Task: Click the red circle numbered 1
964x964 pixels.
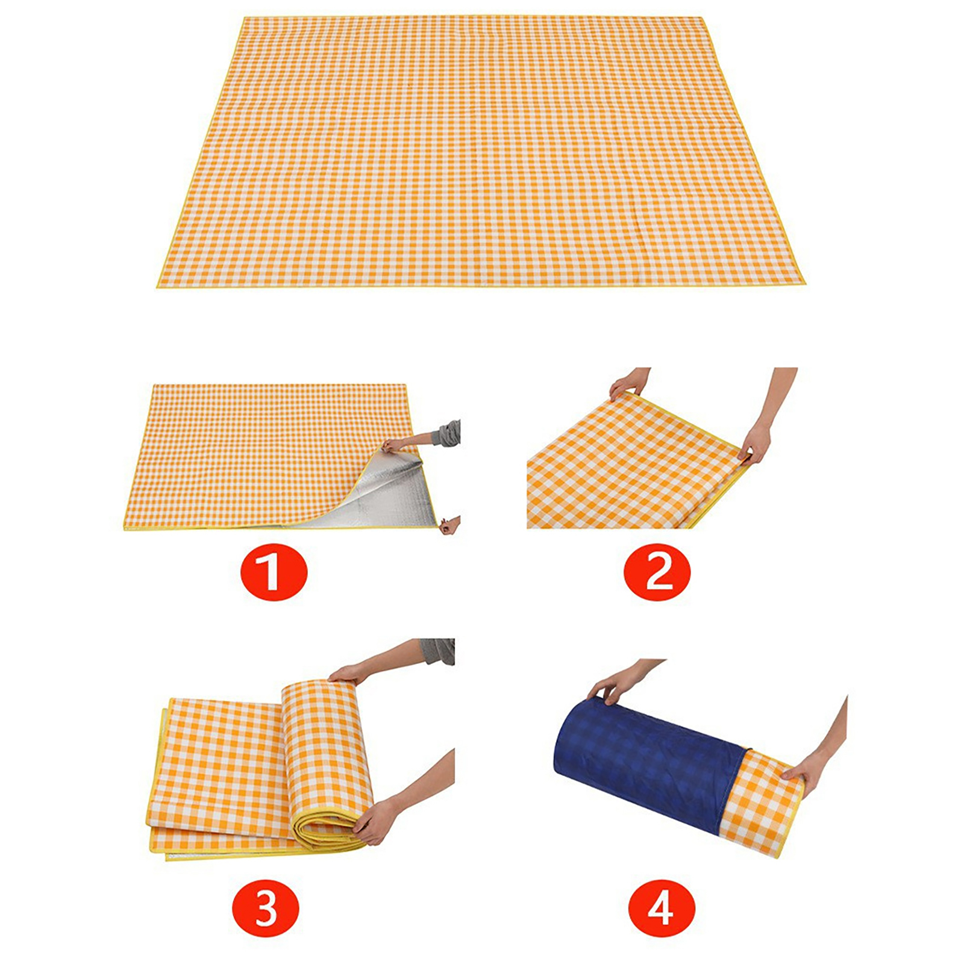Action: [274, 572]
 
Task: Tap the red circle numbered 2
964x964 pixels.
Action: [658, 572]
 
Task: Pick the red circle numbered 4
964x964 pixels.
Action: [662, 907]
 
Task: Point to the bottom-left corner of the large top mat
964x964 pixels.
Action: [156, 287]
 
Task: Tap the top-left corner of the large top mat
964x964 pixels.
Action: [244, 17]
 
